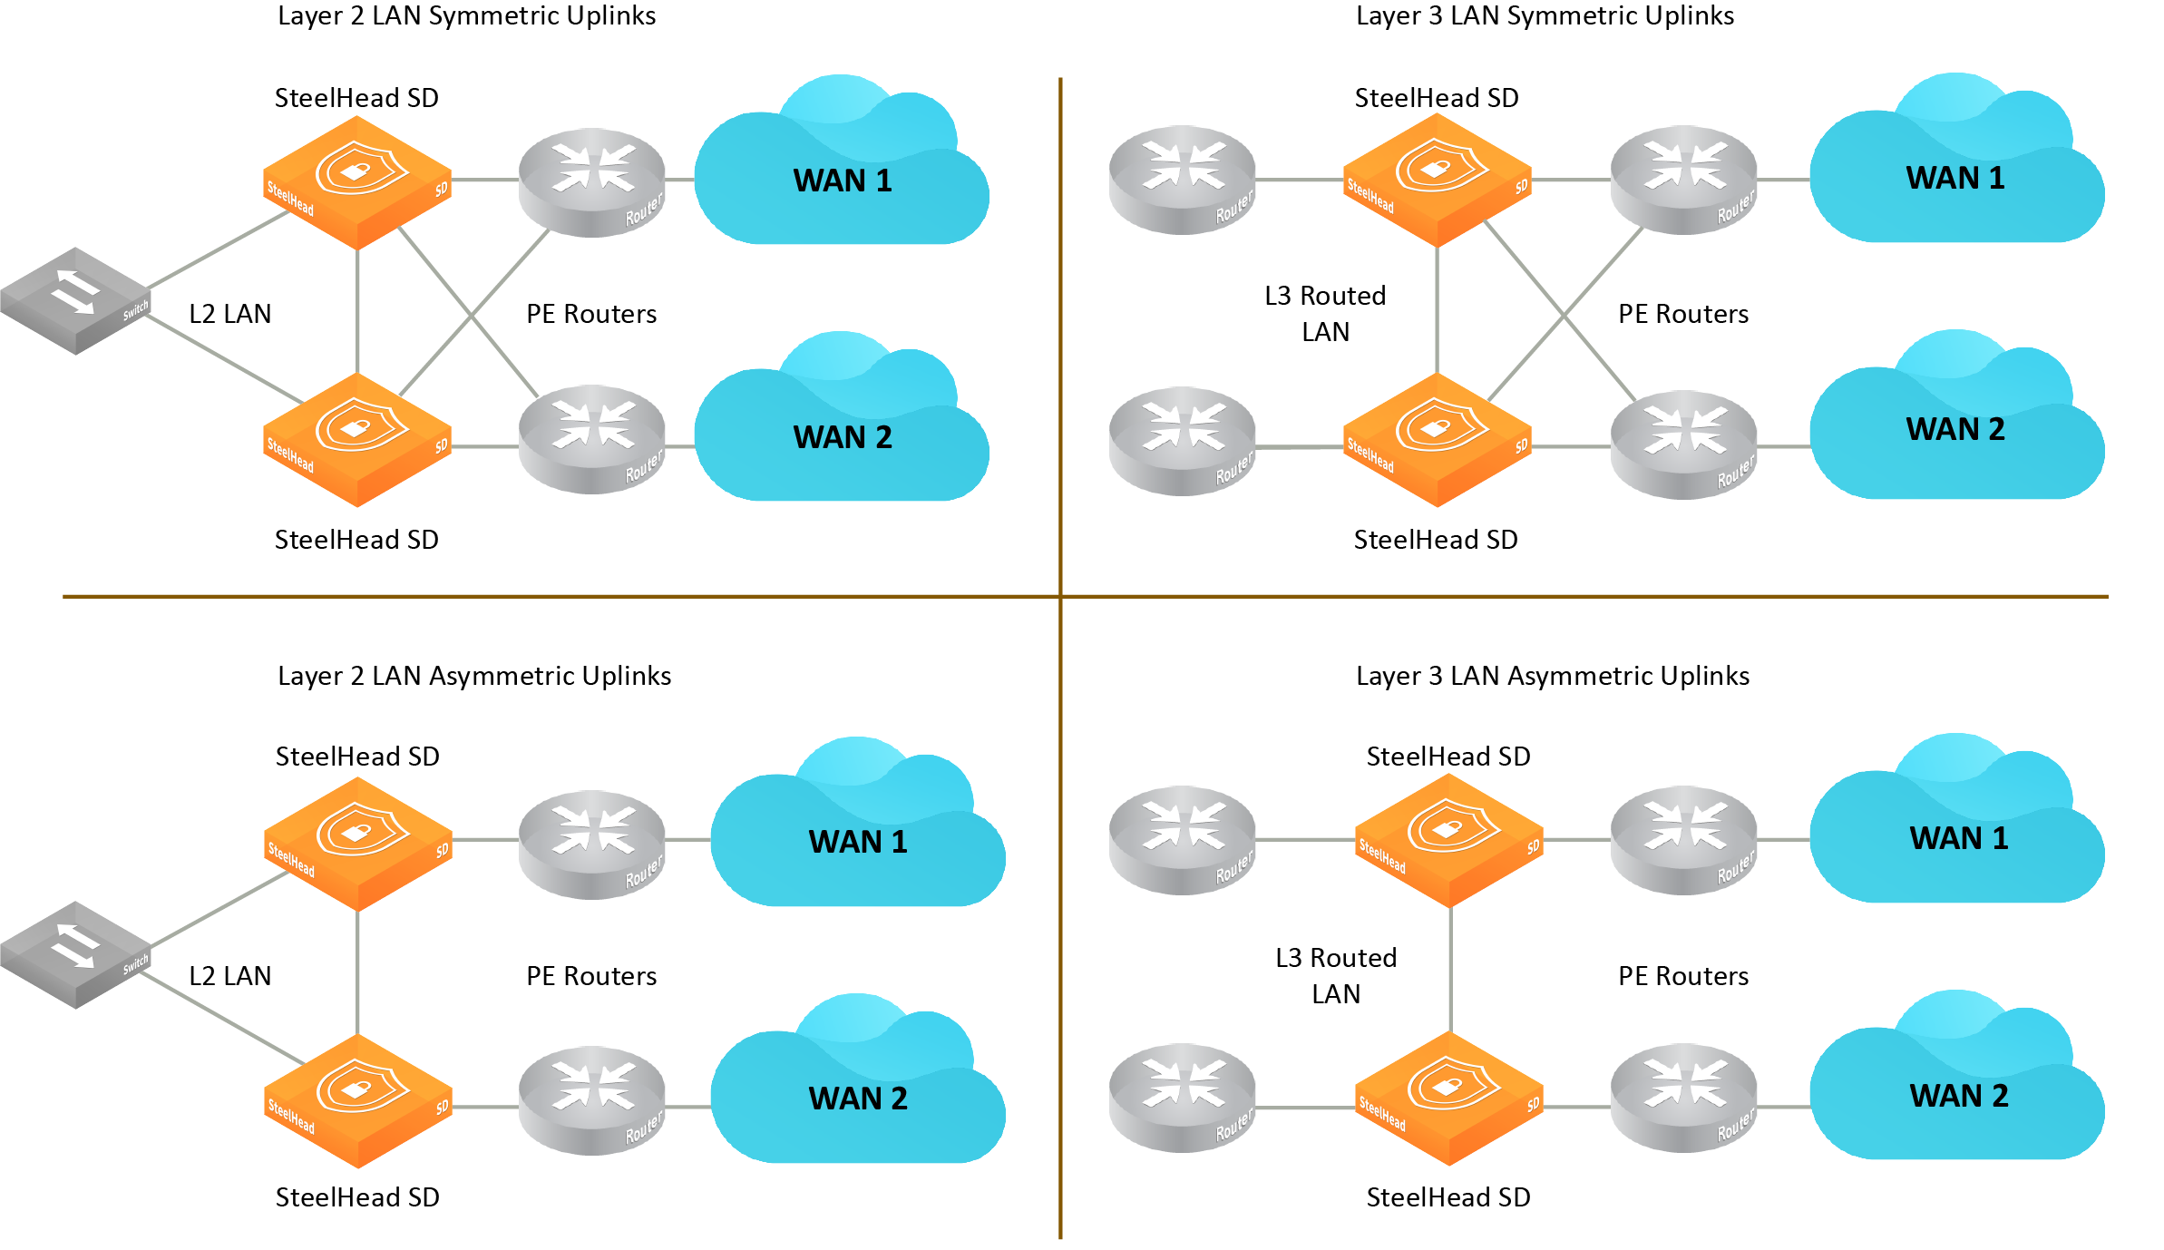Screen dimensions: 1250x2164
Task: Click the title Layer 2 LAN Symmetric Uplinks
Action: [x=466, y=16]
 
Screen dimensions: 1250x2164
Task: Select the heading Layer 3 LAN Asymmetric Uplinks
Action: [x=1552, y=676]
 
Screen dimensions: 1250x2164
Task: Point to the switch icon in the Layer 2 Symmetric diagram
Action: [x=76, y=300]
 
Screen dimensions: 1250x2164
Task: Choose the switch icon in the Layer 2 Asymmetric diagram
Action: [x=76, y=954]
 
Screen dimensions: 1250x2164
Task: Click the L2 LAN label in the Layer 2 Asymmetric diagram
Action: [x=229, y=976]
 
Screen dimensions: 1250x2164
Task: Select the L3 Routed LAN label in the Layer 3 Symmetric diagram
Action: [x=1325, y=314]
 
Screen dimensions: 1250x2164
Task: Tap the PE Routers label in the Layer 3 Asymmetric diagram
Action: [x=1682, y=976]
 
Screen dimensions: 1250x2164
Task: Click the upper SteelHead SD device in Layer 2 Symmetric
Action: [x=357, y=181]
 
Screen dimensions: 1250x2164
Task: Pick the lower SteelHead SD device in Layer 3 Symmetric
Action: [x=1437, y=440]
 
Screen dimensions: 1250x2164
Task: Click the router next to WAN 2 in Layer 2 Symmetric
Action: [x=592, y=440]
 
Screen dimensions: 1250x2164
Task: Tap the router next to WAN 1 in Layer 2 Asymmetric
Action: [x=592, y=845]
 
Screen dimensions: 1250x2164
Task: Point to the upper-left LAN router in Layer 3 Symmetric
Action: [x=1182, y=180]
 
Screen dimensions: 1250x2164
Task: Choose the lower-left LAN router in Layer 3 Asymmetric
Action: [x=1182, y=1098]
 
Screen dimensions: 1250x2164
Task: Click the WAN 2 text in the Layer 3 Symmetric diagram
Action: [x=1955, y=429]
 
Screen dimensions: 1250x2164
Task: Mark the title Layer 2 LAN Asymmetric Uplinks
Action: [x=474, y=676]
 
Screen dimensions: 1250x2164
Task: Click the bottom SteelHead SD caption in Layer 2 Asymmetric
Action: [x=357, y=1197]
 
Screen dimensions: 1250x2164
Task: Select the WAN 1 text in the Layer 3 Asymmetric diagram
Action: [x=1959, y=838]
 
